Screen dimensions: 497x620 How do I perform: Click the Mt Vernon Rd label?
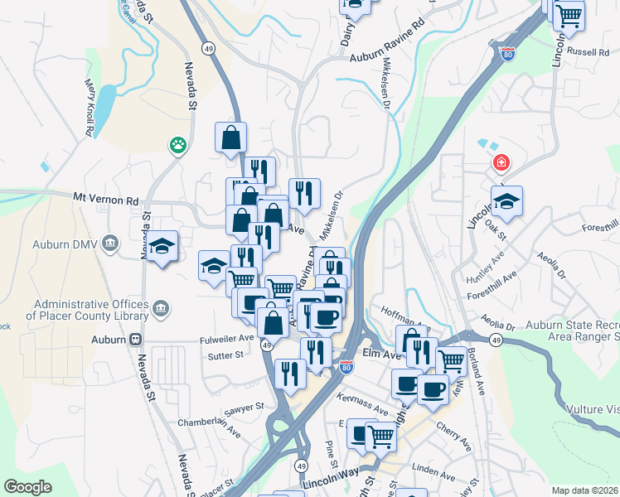click(x=105, y=200)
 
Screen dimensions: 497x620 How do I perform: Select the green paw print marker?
click(x=177, y=146)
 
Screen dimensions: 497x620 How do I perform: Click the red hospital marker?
click(x=501, y=162)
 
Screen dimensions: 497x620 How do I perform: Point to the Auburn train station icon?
click(x=134, y=340)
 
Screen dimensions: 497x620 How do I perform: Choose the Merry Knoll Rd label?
click(x=89, y=108)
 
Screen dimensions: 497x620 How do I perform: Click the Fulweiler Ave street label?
click(x=226, y=339)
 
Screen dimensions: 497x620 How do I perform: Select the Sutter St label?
click(x=226, y=355)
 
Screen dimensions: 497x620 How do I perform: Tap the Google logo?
click(x=27, y=487)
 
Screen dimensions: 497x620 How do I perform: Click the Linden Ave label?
click(x=434, y=472)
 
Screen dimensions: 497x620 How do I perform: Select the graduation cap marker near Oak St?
click(x=506, y=200)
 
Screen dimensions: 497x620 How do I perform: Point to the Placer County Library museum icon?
click(x=161, y=310)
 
